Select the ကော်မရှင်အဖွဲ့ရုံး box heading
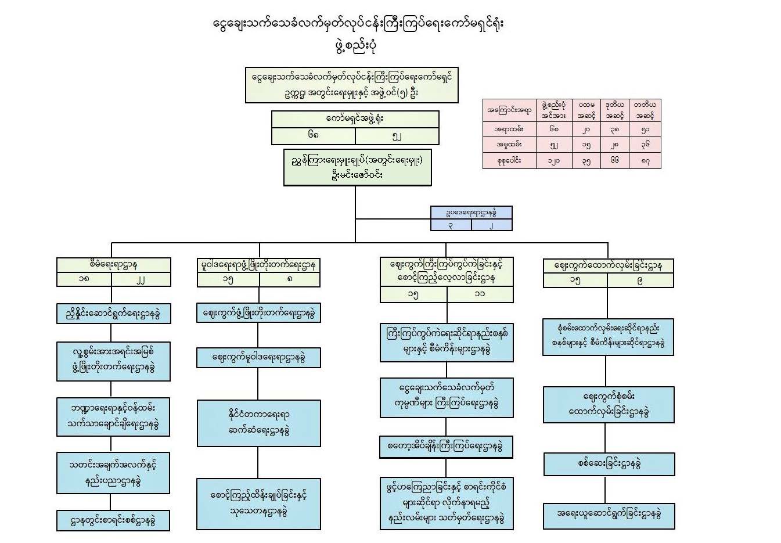[x=355, y=119]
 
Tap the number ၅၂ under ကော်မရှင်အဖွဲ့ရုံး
[x=397, y=136]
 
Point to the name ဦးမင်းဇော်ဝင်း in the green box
[x=357, y=175]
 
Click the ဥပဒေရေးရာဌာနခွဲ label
[x=471, y=213]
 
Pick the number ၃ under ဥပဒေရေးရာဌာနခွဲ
[x=451, y=225]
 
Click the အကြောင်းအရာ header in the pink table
[x=509, y=110]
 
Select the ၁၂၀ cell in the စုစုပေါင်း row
[x=554, y=160]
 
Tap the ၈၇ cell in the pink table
[x=645, y=160]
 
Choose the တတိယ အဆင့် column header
[x=645, y=110]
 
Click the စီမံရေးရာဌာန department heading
[x=114, y=265]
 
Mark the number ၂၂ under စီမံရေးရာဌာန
[x=141, y=279]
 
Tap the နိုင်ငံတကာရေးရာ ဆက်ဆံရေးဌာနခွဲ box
[x=258, y=423]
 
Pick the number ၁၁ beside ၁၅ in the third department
[x=479, y=294]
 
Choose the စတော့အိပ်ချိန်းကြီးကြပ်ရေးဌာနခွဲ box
[x=446, y=447]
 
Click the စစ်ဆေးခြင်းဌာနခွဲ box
[x=609, y=464]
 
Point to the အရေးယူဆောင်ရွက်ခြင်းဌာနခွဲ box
[x=609, y=514]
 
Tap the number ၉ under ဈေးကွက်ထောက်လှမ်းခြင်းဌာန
[x=639, y=281]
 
